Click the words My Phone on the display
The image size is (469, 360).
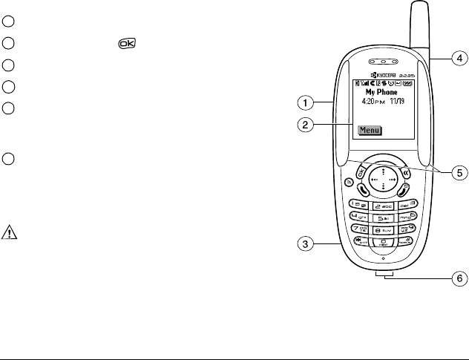tap(384, 93)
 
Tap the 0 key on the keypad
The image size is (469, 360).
tap(383, 246)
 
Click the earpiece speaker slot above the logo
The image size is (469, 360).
tap(383, 61)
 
